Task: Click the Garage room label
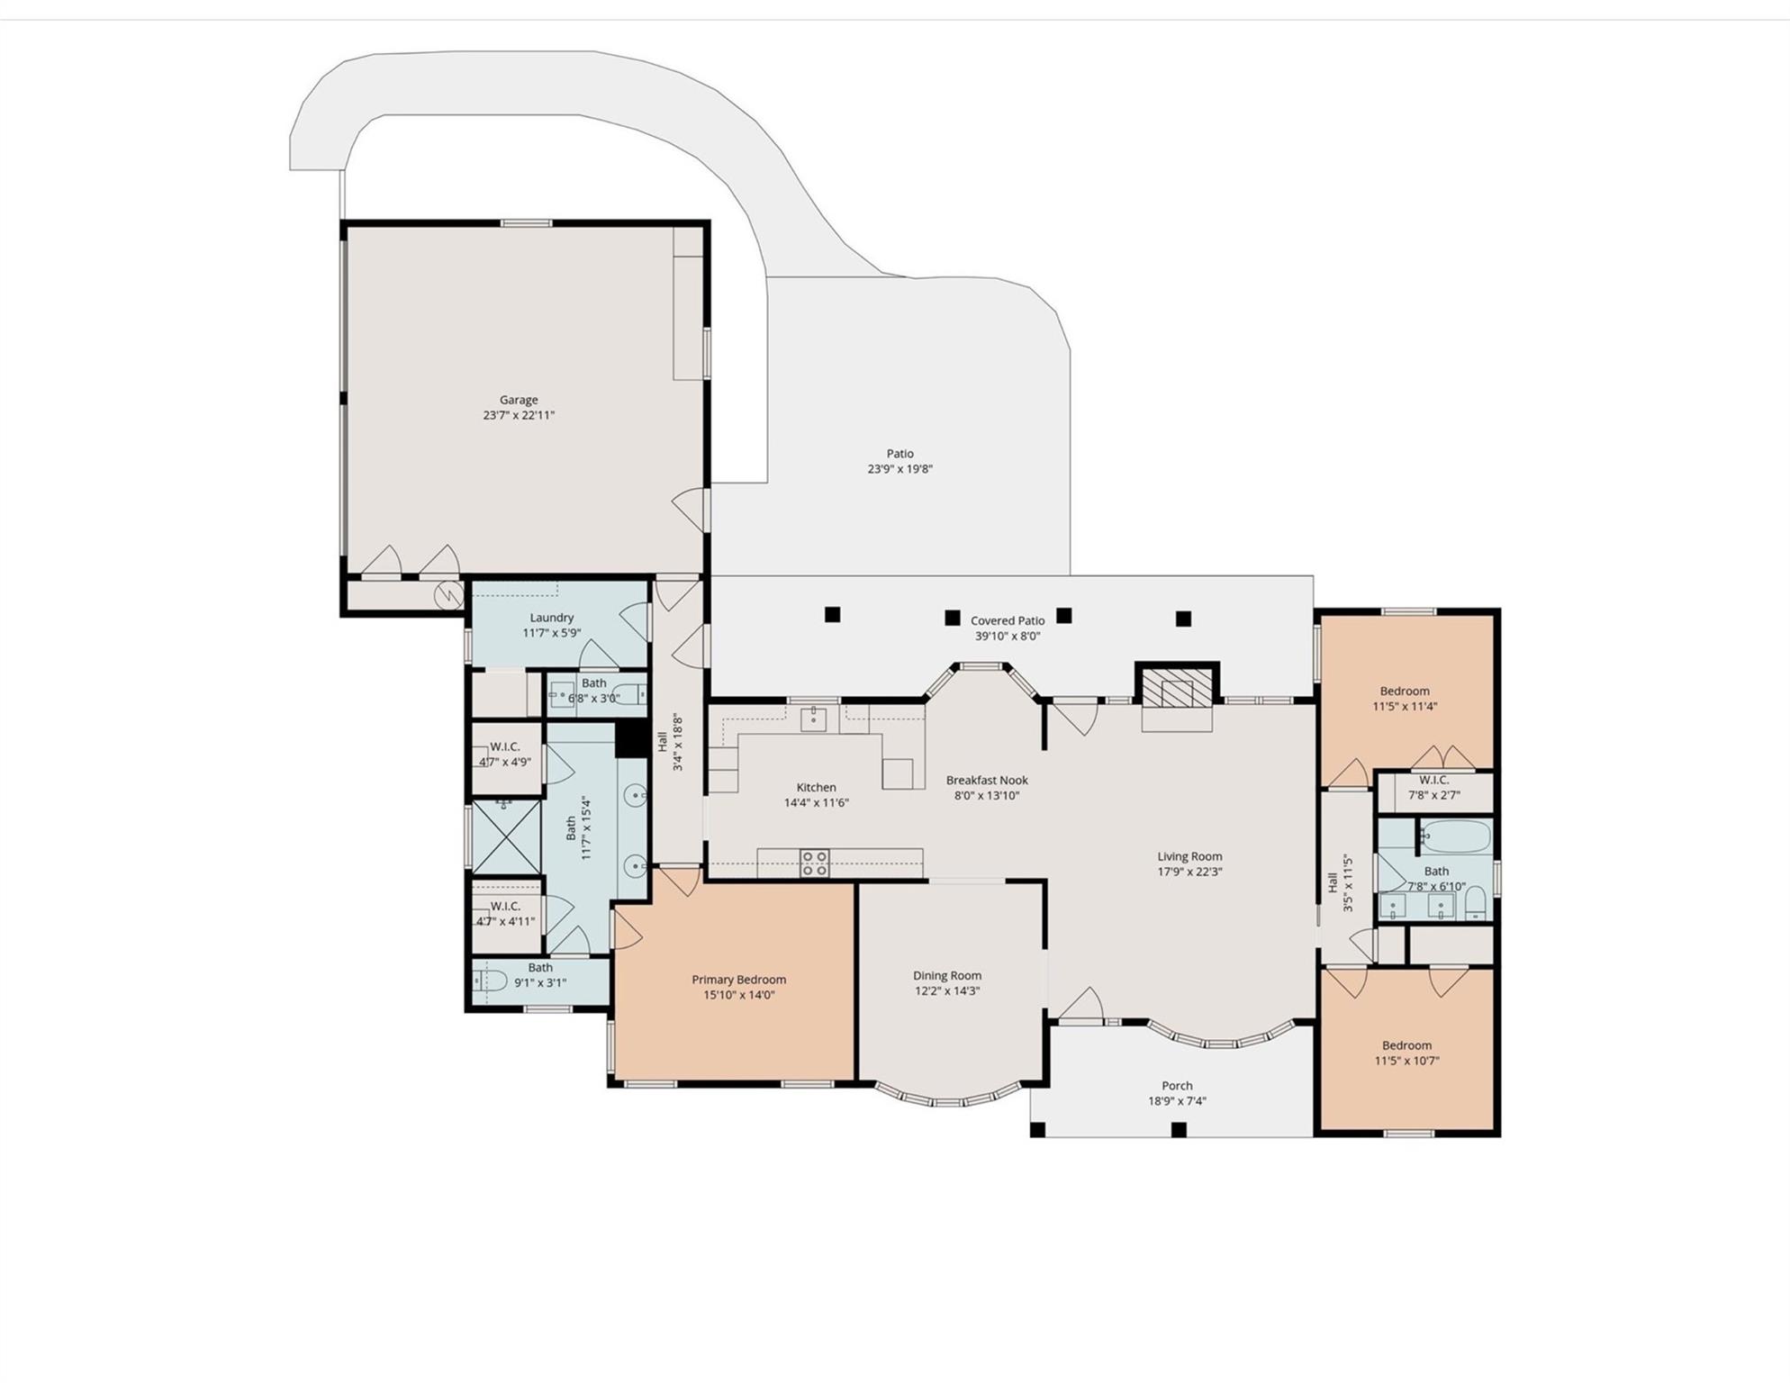519,400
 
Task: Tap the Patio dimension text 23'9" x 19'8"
900,469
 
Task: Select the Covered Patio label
1007,620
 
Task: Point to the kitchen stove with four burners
814,863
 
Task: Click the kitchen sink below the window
813,719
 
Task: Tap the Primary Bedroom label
738,980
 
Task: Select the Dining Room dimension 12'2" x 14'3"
946,990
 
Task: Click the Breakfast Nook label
986,780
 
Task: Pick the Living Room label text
1189,856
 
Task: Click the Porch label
1177,1086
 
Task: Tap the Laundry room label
551,618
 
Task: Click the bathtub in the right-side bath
1456,836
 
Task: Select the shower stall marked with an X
506,837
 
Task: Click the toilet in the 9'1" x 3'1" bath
490,980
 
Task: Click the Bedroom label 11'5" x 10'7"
1406,1045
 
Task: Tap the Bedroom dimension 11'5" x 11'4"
1404,706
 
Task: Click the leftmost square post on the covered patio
832,614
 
